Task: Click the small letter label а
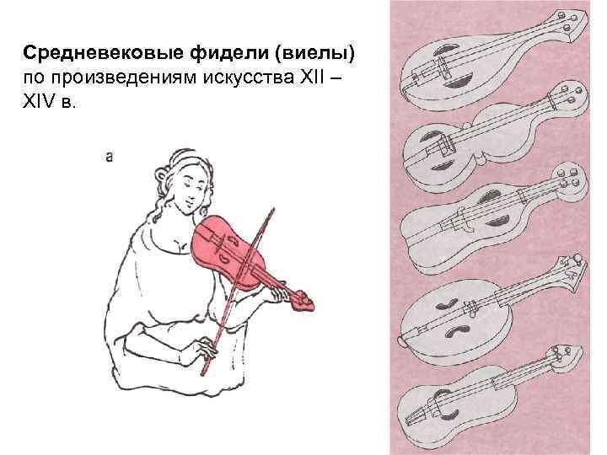click(110, 156)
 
